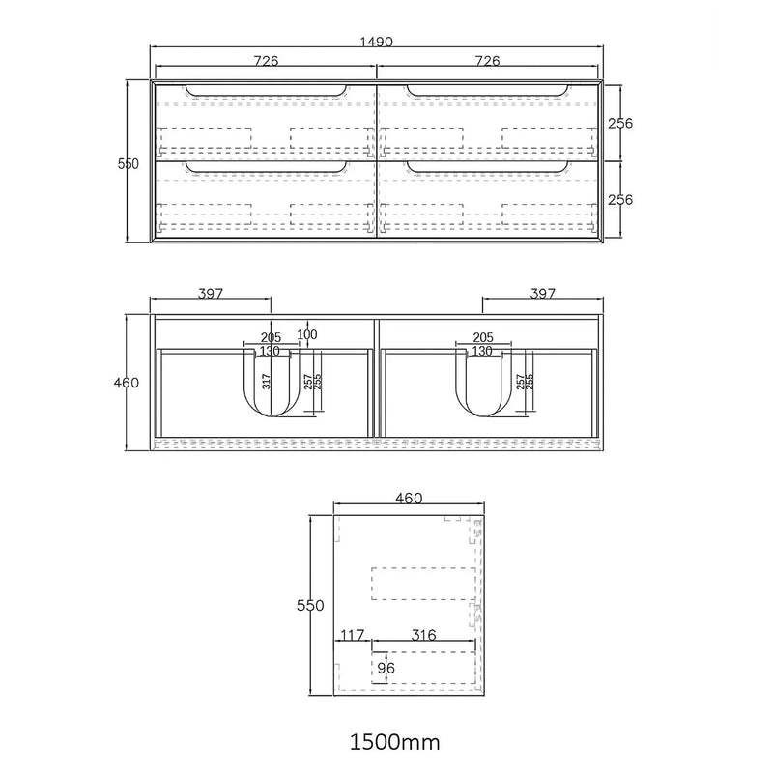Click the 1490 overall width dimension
tap(376, 43)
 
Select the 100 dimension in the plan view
tap(307, 334)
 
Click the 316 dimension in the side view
tap(423, 635)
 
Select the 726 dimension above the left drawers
tap(266, 61)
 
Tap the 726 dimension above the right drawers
tap(487, 61)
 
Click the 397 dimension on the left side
tap(212, 293)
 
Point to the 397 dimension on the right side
tap(542, 293)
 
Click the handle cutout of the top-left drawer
tap(265, 93)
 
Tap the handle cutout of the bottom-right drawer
tap(487, 169)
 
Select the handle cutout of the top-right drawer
tap(487, 93)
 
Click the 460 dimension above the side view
tap(409, 499)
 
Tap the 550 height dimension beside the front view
tap(129, 164)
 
